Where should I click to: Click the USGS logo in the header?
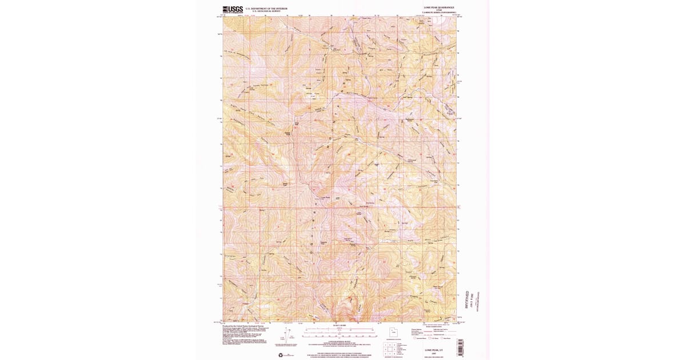point(233,9)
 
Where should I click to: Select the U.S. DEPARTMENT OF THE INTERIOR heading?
point(266,8)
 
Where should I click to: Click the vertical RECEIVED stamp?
point(468,299)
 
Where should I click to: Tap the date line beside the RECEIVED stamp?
point(473,299)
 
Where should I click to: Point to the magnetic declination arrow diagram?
point(292,335)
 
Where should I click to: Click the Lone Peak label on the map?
point(325,197)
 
